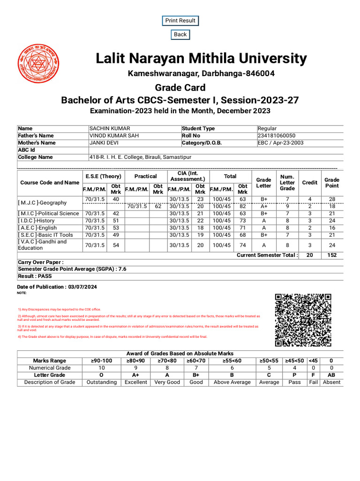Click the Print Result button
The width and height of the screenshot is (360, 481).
pos(180,21)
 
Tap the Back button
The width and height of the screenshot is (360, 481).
pos(180,34)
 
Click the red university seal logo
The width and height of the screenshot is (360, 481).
pos(38,63)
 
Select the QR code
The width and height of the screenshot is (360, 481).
pos(303,320)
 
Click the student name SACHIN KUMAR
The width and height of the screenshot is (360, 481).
pos(110,129)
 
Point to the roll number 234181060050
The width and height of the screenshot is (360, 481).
pos(277,136)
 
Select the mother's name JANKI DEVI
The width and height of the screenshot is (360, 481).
pos(105,143)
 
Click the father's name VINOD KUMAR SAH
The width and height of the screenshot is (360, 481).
pos(114,136)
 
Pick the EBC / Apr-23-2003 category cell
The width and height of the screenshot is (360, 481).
pos(284,143)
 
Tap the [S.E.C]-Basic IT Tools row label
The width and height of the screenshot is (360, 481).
pos(45,235)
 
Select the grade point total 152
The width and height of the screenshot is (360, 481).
pos(332,255)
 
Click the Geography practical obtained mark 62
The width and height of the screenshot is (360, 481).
pos(158,206)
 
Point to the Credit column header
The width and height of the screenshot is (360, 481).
pos(309,183)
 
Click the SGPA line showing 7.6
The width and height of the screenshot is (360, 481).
pos(72,269)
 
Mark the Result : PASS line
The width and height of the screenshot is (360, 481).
pos(35,276)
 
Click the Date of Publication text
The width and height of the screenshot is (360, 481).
pos(57,287)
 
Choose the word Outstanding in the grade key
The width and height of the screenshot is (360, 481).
pos(102,382)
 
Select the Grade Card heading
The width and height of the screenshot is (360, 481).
pos(180,88)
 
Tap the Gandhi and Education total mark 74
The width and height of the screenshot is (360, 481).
pos(242,245)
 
